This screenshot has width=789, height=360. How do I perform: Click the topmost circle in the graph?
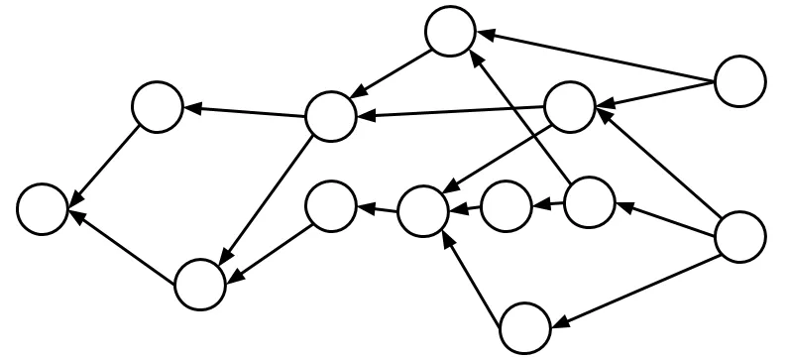[451, 32]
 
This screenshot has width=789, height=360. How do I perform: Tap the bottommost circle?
[524, 327]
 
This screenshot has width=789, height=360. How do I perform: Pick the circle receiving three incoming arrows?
[423, 211]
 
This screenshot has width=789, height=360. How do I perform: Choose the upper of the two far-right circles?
[739, 81]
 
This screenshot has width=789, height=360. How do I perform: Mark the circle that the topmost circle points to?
[330, 116]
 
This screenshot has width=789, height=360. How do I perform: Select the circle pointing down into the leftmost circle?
[158, 106]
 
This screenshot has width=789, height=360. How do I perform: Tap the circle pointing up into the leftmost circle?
[200, 283]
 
